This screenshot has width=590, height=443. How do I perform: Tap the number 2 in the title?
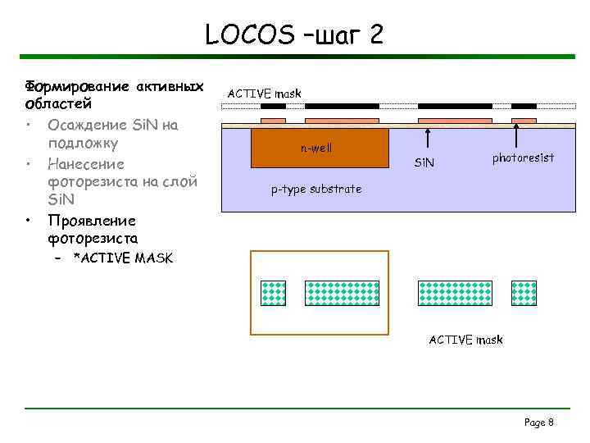376,35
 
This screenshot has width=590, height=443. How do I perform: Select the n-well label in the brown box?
315,149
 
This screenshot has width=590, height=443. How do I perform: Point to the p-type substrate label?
315,190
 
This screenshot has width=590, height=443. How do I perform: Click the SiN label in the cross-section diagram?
424,162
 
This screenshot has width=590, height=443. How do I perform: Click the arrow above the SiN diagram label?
425,139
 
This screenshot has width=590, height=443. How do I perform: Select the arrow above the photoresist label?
516,135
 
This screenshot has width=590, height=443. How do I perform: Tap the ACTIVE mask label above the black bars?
264,94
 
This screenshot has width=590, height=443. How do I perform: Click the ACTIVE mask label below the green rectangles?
465,340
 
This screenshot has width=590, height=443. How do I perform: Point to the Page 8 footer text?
538,422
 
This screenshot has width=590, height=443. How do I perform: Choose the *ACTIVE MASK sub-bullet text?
123,258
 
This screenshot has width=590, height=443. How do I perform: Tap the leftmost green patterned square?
274,293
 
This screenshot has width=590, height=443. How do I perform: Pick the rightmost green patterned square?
524,293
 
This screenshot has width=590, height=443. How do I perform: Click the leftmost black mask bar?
273,106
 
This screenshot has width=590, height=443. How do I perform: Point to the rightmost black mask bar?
524,106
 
